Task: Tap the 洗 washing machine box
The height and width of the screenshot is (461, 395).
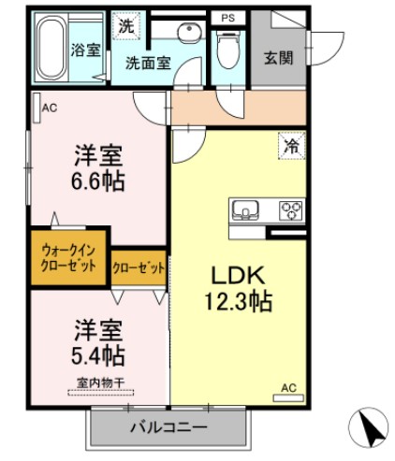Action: [125, 26]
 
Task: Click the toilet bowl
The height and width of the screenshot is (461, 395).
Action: [227, 47]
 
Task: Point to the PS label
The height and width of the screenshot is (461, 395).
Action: [227, 18]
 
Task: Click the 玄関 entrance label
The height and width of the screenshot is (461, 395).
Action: [278, 57]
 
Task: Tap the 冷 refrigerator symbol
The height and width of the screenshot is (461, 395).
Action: [292, 145]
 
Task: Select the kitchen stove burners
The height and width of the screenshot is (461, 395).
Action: [292, 209]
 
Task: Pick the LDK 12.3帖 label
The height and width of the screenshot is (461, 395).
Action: [239, 289]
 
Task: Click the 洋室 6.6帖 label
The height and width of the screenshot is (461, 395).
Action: [98, 167]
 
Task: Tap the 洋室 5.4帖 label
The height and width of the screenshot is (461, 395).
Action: [98, 341]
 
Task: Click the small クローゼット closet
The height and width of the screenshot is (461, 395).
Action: [139, 267]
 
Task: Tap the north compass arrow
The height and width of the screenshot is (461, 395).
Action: [367, 429]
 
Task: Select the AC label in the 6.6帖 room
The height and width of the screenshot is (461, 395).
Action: [49, 108]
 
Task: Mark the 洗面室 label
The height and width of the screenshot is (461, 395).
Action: [149, 64]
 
